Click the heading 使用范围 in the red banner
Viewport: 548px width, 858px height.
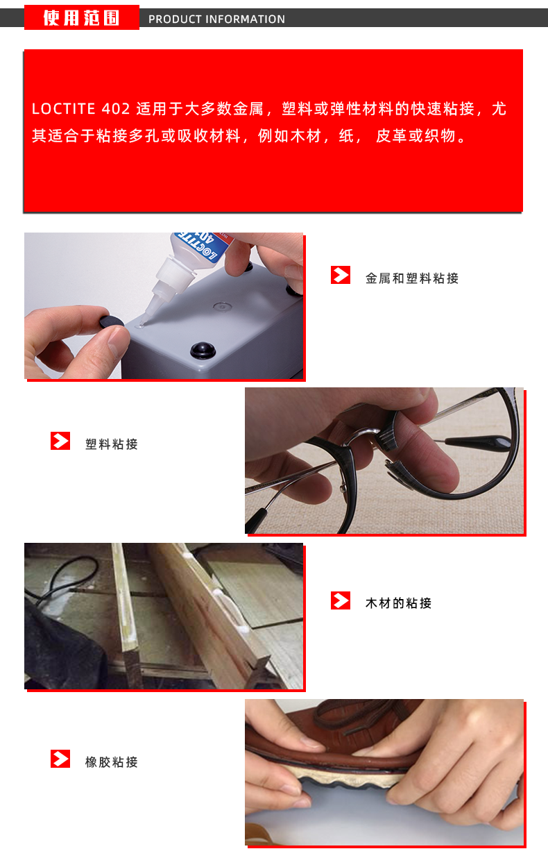tap(81, 18)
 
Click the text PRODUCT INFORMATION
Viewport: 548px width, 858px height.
tap(216, 19)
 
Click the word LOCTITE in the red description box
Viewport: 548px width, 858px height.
tap(63, 109)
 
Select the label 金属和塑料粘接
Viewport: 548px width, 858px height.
tap(412, 278)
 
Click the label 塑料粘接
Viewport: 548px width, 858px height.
tap(112, 444)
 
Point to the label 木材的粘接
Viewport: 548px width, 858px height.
tap(398, 603)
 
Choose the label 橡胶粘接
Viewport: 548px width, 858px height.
tap(112, 762)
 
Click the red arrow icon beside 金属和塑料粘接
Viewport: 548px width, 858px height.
tap(340, 275)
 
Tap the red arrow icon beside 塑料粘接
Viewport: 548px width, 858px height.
tap(60, 441)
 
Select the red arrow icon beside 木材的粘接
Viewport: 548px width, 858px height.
tap(340, 600)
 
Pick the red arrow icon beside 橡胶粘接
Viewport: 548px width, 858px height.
tap(60, 759)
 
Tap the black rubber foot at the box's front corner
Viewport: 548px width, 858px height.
tap(203, 351)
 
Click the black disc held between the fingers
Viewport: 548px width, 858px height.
tap(112, 321)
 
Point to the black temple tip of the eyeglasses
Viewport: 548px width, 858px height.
tap(479, 444)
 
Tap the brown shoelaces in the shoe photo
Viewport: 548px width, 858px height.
tap(356, 716)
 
